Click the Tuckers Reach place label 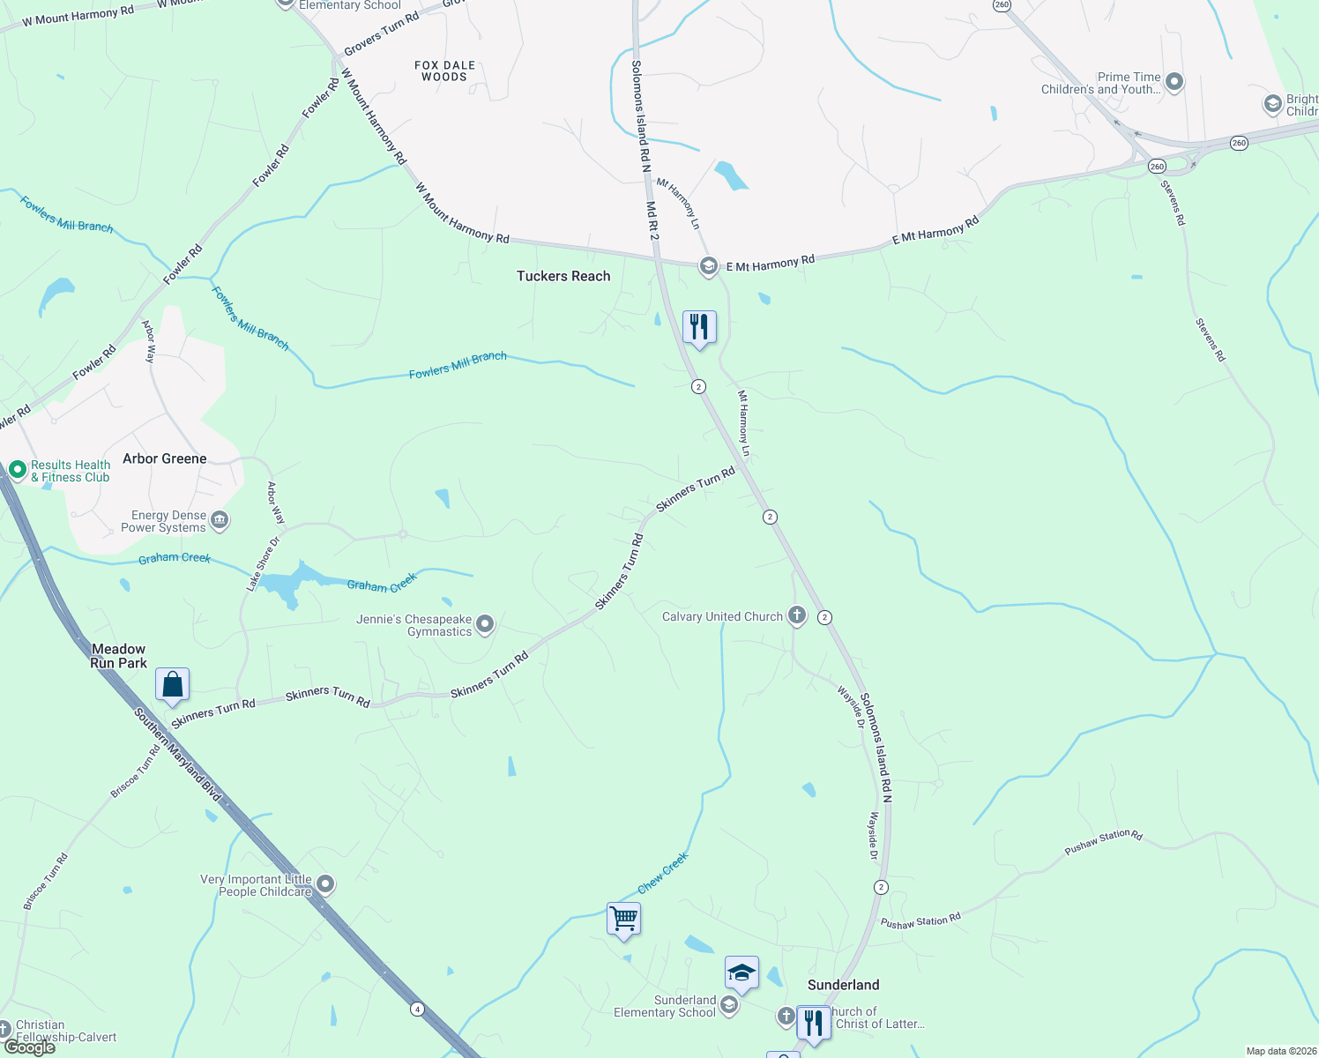pos(563,276)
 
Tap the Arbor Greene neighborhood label pos(165,458)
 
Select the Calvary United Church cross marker pos(797,615)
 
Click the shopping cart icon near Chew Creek pos(624,919)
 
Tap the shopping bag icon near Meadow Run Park pos(172,685)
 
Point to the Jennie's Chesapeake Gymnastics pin pos(485,625)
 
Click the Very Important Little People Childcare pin pos(325,883)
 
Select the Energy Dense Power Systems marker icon pos(220,520)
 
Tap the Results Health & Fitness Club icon pos(17,470)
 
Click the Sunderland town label pos(843,985)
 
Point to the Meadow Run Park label pos(119,656)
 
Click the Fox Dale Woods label pos(444,71)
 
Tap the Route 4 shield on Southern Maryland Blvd pos(416,1008)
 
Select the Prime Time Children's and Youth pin pos(1174,82)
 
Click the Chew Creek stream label pos(663,873)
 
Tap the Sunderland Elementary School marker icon pos(729,1005)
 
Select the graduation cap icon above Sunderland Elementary pos(741,973)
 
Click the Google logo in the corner pos(30,1047)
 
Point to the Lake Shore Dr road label pos(263,563)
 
